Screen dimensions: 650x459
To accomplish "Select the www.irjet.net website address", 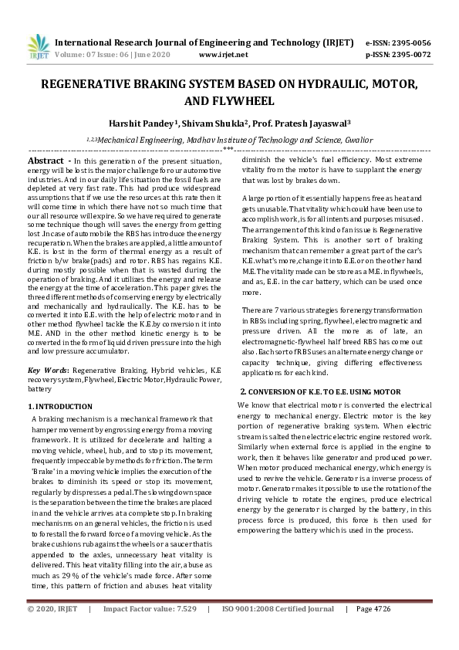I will tap(223, 55).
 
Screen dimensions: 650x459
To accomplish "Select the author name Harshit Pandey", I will tap(140, 121).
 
